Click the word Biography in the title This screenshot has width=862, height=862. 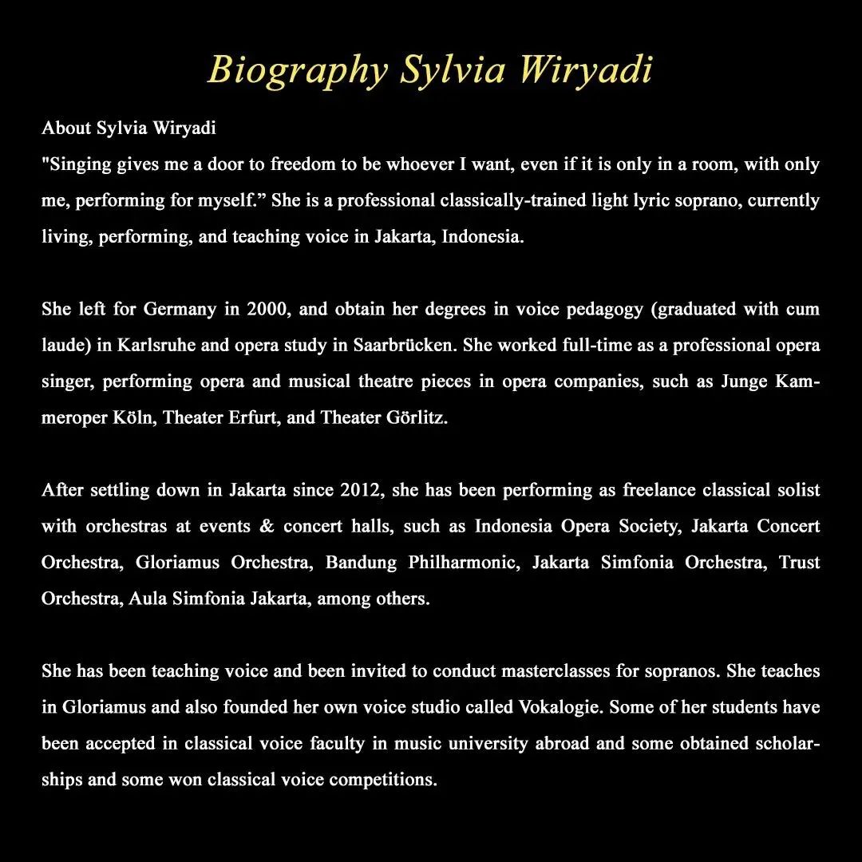click(297, 70)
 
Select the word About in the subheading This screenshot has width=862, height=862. click(67, 128)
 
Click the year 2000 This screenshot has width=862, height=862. click(268, 310)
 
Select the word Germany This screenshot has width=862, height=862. click(180, 310)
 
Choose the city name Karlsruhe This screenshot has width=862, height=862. click(157, 346)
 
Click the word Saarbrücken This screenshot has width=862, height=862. click(406, 346)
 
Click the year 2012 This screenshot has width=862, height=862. click(361, 489)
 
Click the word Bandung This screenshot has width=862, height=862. click(361, 563)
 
